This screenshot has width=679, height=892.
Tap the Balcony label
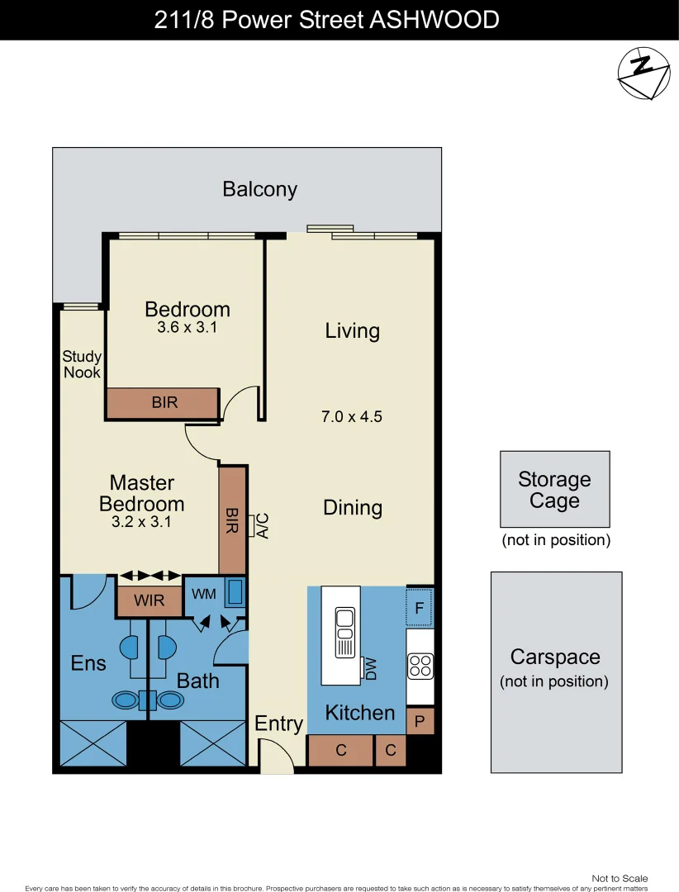(259, 189)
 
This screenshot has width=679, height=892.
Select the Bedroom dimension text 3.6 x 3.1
(187, 328)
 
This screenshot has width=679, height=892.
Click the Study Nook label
(82, 364)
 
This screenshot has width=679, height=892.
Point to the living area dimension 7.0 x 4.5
(352, 417)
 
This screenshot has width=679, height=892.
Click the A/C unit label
(263, 525)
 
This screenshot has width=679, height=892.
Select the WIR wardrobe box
(149, 600)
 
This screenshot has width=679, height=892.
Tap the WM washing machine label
(203, 594)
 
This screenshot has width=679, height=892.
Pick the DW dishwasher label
(371, 668)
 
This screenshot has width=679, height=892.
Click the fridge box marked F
(420, 610)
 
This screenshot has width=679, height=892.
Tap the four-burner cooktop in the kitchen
(420, 666)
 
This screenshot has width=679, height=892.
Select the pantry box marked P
(420, 722)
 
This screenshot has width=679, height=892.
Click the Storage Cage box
(554, 489)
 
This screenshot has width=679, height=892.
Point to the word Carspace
(554, 657)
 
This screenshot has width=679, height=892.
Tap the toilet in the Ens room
(126, 700)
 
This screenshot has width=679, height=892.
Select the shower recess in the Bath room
(213, 743)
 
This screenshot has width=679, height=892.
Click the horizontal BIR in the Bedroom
(164, 403)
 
